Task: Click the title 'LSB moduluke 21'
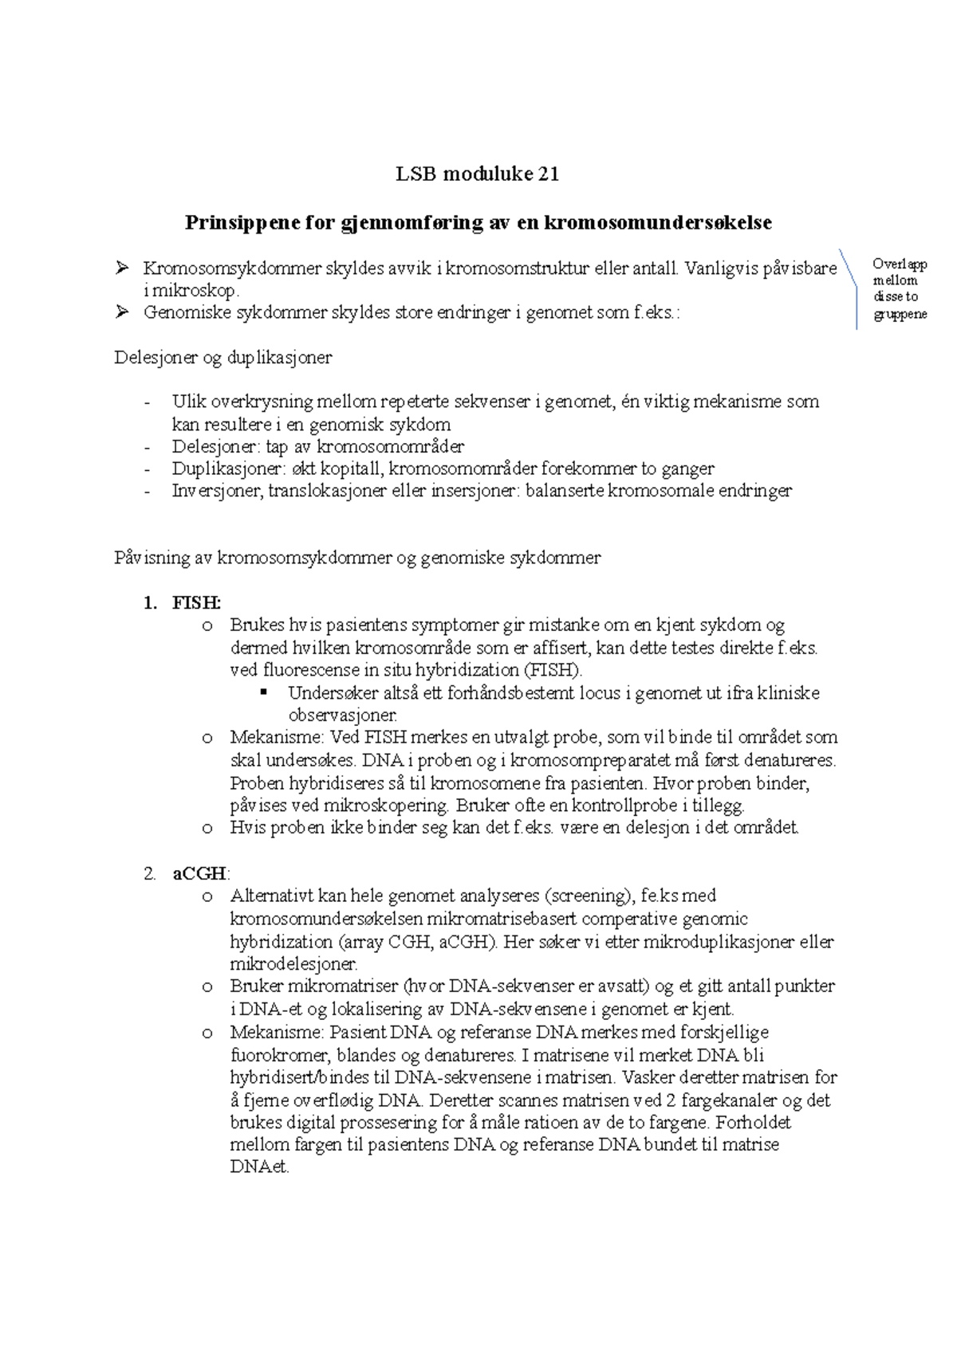click(x=478, y=174)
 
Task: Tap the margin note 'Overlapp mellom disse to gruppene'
click(x=900, y=288)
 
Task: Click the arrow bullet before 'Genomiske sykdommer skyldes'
click(x=122, y=312)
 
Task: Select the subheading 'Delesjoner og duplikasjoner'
click(x=223, y=358)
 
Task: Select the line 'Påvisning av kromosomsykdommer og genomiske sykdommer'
click(x=357, y=558)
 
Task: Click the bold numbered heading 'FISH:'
click(x=196, y=603)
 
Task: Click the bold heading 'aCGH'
click(x=199, y=874)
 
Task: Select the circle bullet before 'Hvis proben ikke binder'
click(x=207, y=829)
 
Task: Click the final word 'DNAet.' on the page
click(x=259, y=1168)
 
